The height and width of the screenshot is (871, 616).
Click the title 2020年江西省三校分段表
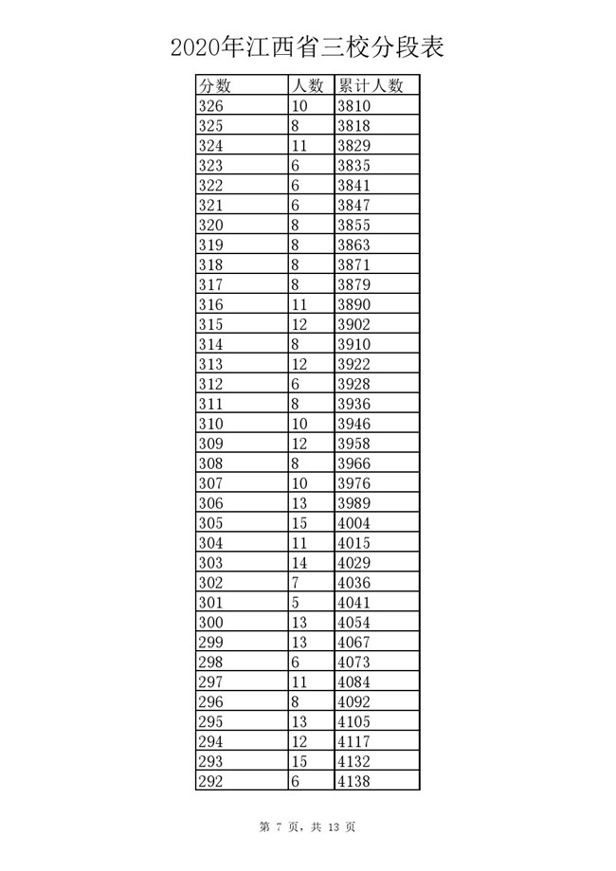[308, 46]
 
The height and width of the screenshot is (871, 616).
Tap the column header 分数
[216, 86]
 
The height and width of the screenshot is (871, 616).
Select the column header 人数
[309, 86]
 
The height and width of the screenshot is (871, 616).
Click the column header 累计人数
[371, 86]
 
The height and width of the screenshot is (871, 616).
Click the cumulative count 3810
[355, 106]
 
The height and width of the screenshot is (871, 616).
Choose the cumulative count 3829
[355, 146]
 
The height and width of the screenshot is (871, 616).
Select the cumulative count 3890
[355, 305]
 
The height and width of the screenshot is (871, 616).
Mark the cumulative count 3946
[355, 424]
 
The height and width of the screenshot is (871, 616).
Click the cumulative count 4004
[355, 523]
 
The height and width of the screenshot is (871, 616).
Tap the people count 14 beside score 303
[300, 563]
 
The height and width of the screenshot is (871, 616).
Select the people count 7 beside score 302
[297, 583]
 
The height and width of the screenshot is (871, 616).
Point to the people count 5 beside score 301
[297, 603]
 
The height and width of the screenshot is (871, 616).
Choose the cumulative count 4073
[355, 662]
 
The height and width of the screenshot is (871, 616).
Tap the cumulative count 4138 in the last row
[355, 782]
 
